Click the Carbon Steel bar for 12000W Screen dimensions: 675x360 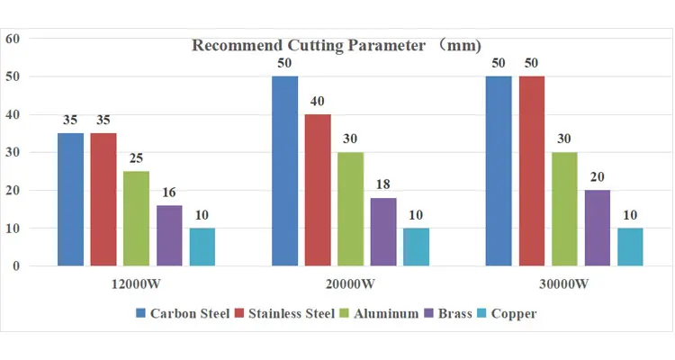[70, 200]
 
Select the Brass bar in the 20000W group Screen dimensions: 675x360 [383, 231]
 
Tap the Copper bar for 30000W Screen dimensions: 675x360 [630, 247]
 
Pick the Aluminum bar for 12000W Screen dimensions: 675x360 [137, 219]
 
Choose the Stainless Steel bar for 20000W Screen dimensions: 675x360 [318, 190]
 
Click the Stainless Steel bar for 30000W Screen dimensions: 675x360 [532, 171]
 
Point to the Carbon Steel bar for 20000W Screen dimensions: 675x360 [285, 171]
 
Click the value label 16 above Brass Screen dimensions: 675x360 [169, 192]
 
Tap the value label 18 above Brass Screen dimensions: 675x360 [383, 184]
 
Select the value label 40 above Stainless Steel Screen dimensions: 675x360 [318, 101]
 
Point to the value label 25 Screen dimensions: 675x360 [136, 158]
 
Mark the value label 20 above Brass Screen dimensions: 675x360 [597, 176]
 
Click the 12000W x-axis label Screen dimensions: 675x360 [136, 284]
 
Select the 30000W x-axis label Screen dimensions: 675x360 [564, 284]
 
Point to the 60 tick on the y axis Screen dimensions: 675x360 [13, 39]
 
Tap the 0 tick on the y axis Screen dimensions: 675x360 [16, 266]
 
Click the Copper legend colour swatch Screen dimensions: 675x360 [481, 313]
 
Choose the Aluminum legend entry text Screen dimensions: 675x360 [386, 313]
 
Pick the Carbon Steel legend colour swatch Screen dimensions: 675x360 [140, 313]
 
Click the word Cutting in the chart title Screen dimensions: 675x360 [315, 45]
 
